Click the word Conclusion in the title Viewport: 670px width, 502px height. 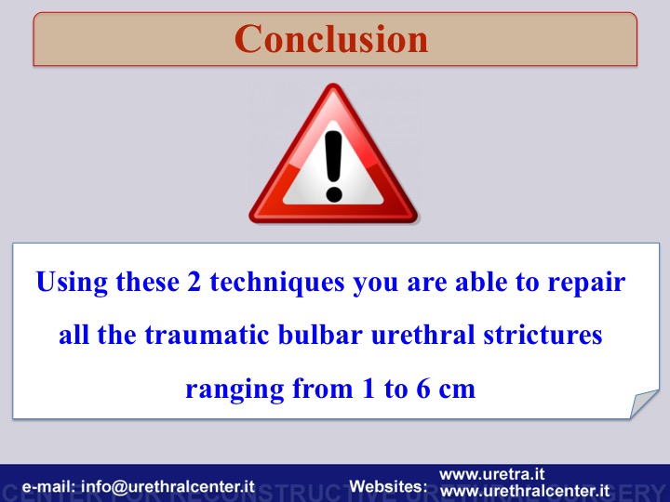331,39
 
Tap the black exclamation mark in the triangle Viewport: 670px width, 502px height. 333,165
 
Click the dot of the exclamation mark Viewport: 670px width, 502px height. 334,193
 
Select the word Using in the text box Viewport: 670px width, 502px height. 72,283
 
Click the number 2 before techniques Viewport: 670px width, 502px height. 194,282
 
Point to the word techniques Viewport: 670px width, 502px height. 277,283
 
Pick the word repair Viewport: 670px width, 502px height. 586,284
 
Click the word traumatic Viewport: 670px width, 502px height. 208,335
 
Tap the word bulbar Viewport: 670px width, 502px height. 320,334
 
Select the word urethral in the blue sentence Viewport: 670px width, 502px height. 422,334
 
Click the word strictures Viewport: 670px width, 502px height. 543,335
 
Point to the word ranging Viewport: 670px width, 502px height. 234,390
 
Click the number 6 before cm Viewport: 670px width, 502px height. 423,388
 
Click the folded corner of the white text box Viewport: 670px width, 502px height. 644,403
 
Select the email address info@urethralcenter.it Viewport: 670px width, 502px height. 167,486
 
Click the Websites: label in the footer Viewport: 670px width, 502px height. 388,486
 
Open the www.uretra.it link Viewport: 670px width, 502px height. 492,474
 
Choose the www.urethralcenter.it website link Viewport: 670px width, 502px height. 525,491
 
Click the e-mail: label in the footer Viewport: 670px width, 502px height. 48,486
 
